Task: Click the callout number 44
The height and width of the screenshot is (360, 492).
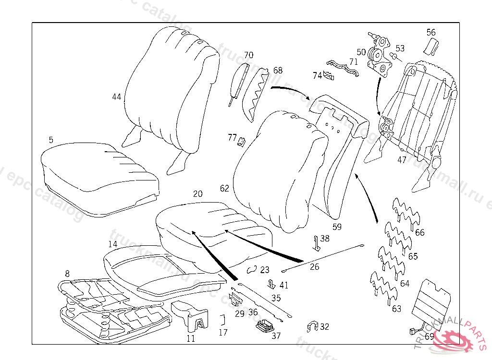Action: click(x=116, y=97)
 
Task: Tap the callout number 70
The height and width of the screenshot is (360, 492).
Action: click(x=248, y=55)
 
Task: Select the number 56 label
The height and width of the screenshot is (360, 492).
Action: click(x=431, y=33)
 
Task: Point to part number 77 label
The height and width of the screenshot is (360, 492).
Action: click(x=232, y=138)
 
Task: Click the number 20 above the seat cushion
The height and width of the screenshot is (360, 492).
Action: click(x=197, y=194)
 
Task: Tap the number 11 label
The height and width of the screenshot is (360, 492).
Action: click(x=191, y=338)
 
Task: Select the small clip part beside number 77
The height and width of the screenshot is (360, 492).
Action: click(x=242, y=141)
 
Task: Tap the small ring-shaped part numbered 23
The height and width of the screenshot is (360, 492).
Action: click(x=252, y=270)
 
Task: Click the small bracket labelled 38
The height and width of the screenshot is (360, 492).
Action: click(x=317, y=243)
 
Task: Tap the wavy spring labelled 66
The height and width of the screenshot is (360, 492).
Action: click(x=406, y=215)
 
